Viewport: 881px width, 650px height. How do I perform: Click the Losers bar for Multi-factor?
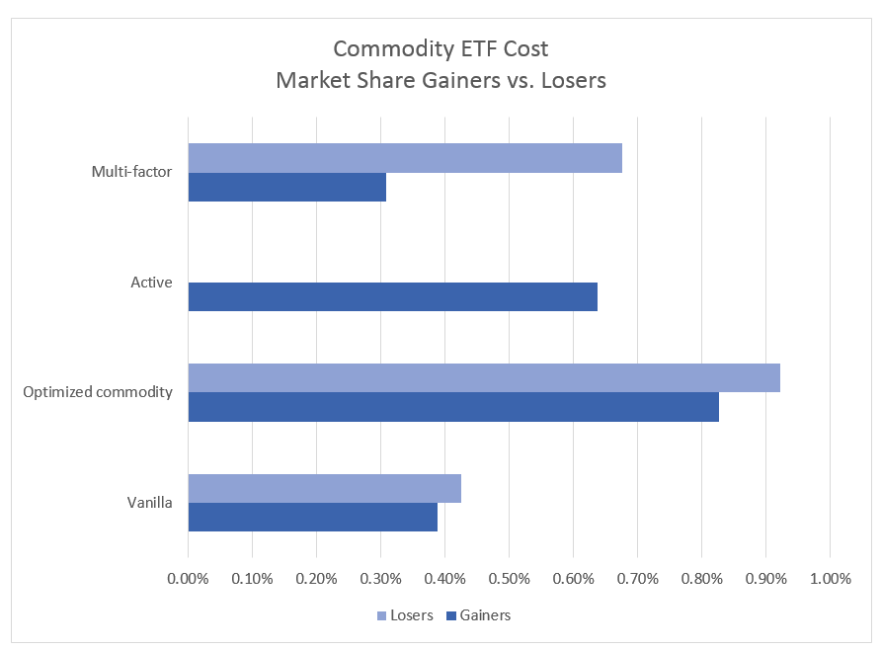coord(405,158)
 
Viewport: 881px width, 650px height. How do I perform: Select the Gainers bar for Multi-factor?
coord(286,187)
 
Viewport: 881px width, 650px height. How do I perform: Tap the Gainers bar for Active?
coord(392,296)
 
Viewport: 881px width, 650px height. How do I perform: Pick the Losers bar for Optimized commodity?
coord(484,377)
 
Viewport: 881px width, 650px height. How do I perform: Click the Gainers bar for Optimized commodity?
coord(453,407)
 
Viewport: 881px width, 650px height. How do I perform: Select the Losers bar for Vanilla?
coord(324,488)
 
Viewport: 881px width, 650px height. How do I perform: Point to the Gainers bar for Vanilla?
coord(312,517)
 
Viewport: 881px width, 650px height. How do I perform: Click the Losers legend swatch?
coord(381,615)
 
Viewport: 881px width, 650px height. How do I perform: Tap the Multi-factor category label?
coord(131,172)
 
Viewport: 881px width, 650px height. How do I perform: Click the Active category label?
coord(151,283)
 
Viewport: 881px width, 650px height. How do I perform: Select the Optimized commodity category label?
coord(98,392)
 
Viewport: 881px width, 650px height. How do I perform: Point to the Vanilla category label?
coord(150,503)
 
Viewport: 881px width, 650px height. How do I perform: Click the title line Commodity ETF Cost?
coord(440,49)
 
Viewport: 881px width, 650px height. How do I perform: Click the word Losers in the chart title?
coord(568,81)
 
